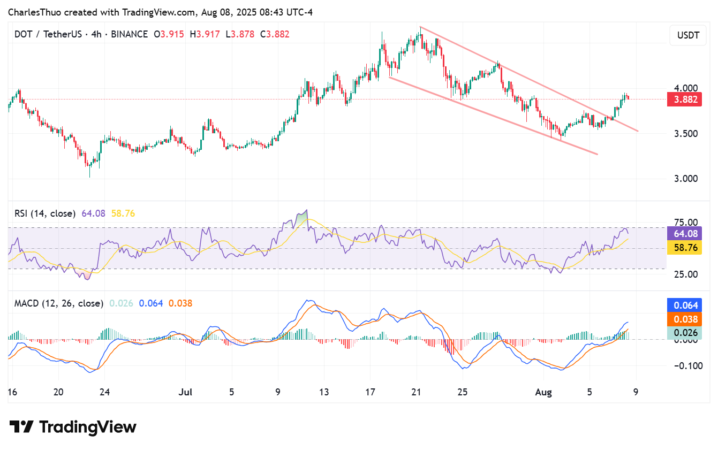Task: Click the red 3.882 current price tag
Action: point(684,100)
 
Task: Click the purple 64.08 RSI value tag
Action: point(684,233)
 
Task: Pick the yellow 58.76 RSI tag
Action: point(684,248)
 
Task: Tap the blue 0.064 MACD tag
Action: point(684,305)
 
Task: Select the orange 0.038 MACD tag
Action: point(684,319)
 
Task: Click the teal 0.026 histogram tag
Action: point(684,333)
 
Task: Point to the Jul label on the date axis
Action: point(185,392)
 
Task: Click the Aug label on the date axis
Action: point(543,392)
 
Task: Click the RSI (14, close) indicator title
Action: point(44,214)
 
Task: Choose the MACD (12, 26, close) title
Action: point(58,303)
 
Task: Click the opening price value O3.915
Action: point(169,34)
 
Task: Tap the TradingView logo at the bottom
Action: point(73,427)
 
